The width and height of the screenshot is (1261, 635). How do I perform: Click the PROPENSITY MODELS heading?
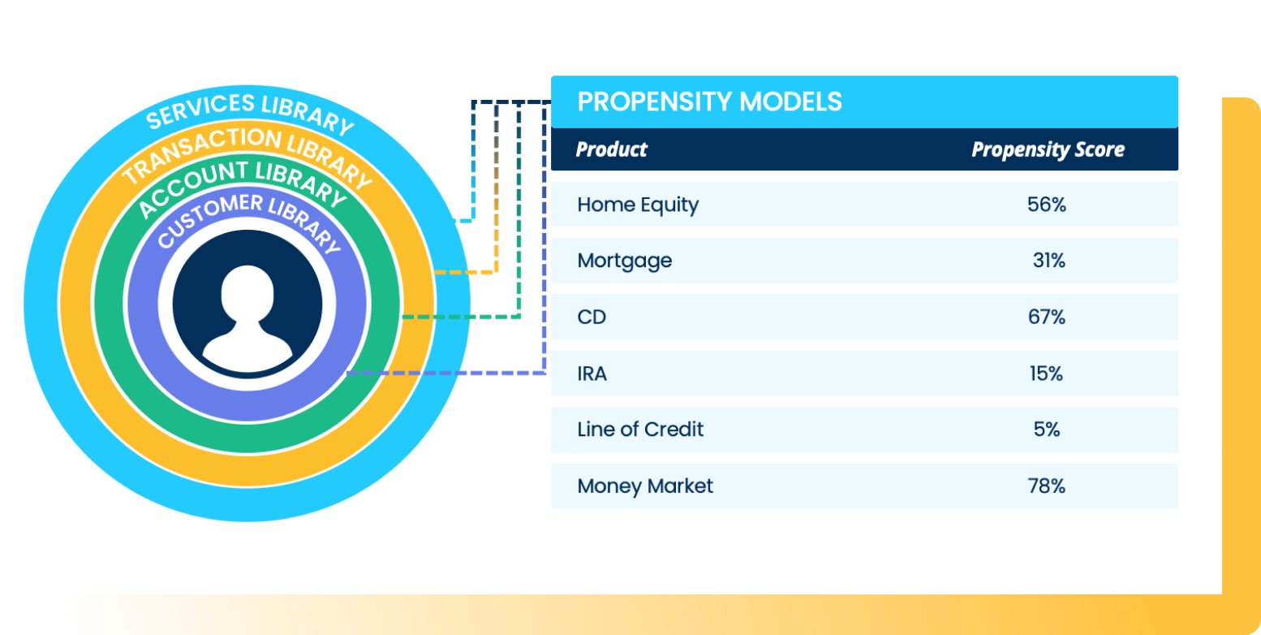click(x=709, y=102)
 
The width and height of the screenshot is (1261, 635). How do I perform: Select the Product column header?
click(x=611, y=149)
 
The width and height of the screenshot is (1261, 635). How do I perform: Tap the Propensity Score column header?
click(x=1048, y=149)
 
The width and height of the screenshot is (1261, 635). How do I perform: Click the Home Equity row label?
click(x=637, y=205)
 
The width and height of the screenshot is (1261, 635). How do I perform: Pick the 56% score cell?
click(x=1046, y=205)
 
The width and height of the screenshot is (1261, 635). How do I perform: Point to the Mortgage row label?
click(x=624, y=261)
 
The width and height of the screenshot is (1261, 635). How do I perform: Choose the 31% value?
click(x=1048, y=261)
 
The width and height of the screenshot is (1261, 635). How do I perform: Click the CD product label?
click(x=592, y=317)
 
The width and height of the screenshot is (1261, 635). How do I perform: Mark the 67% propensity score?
click(x=1046, y=317)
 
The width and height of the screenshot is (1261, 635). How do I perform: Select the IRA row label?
click(x=592, y=374)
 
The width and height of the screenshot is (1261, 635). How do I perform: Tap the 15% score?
click(x=1046, y=374)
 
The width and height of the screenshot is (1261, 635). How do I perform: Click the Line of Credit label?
click(x=640, y=430)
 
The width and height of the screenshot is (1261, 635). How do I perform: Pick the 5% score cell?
click(x=1047, y=430)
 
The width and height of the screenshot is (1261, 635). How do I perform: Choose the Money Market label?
click(x=645, y=486)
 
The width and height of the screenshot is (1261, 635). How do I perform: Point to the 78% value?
click(x=1046, y=486)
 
